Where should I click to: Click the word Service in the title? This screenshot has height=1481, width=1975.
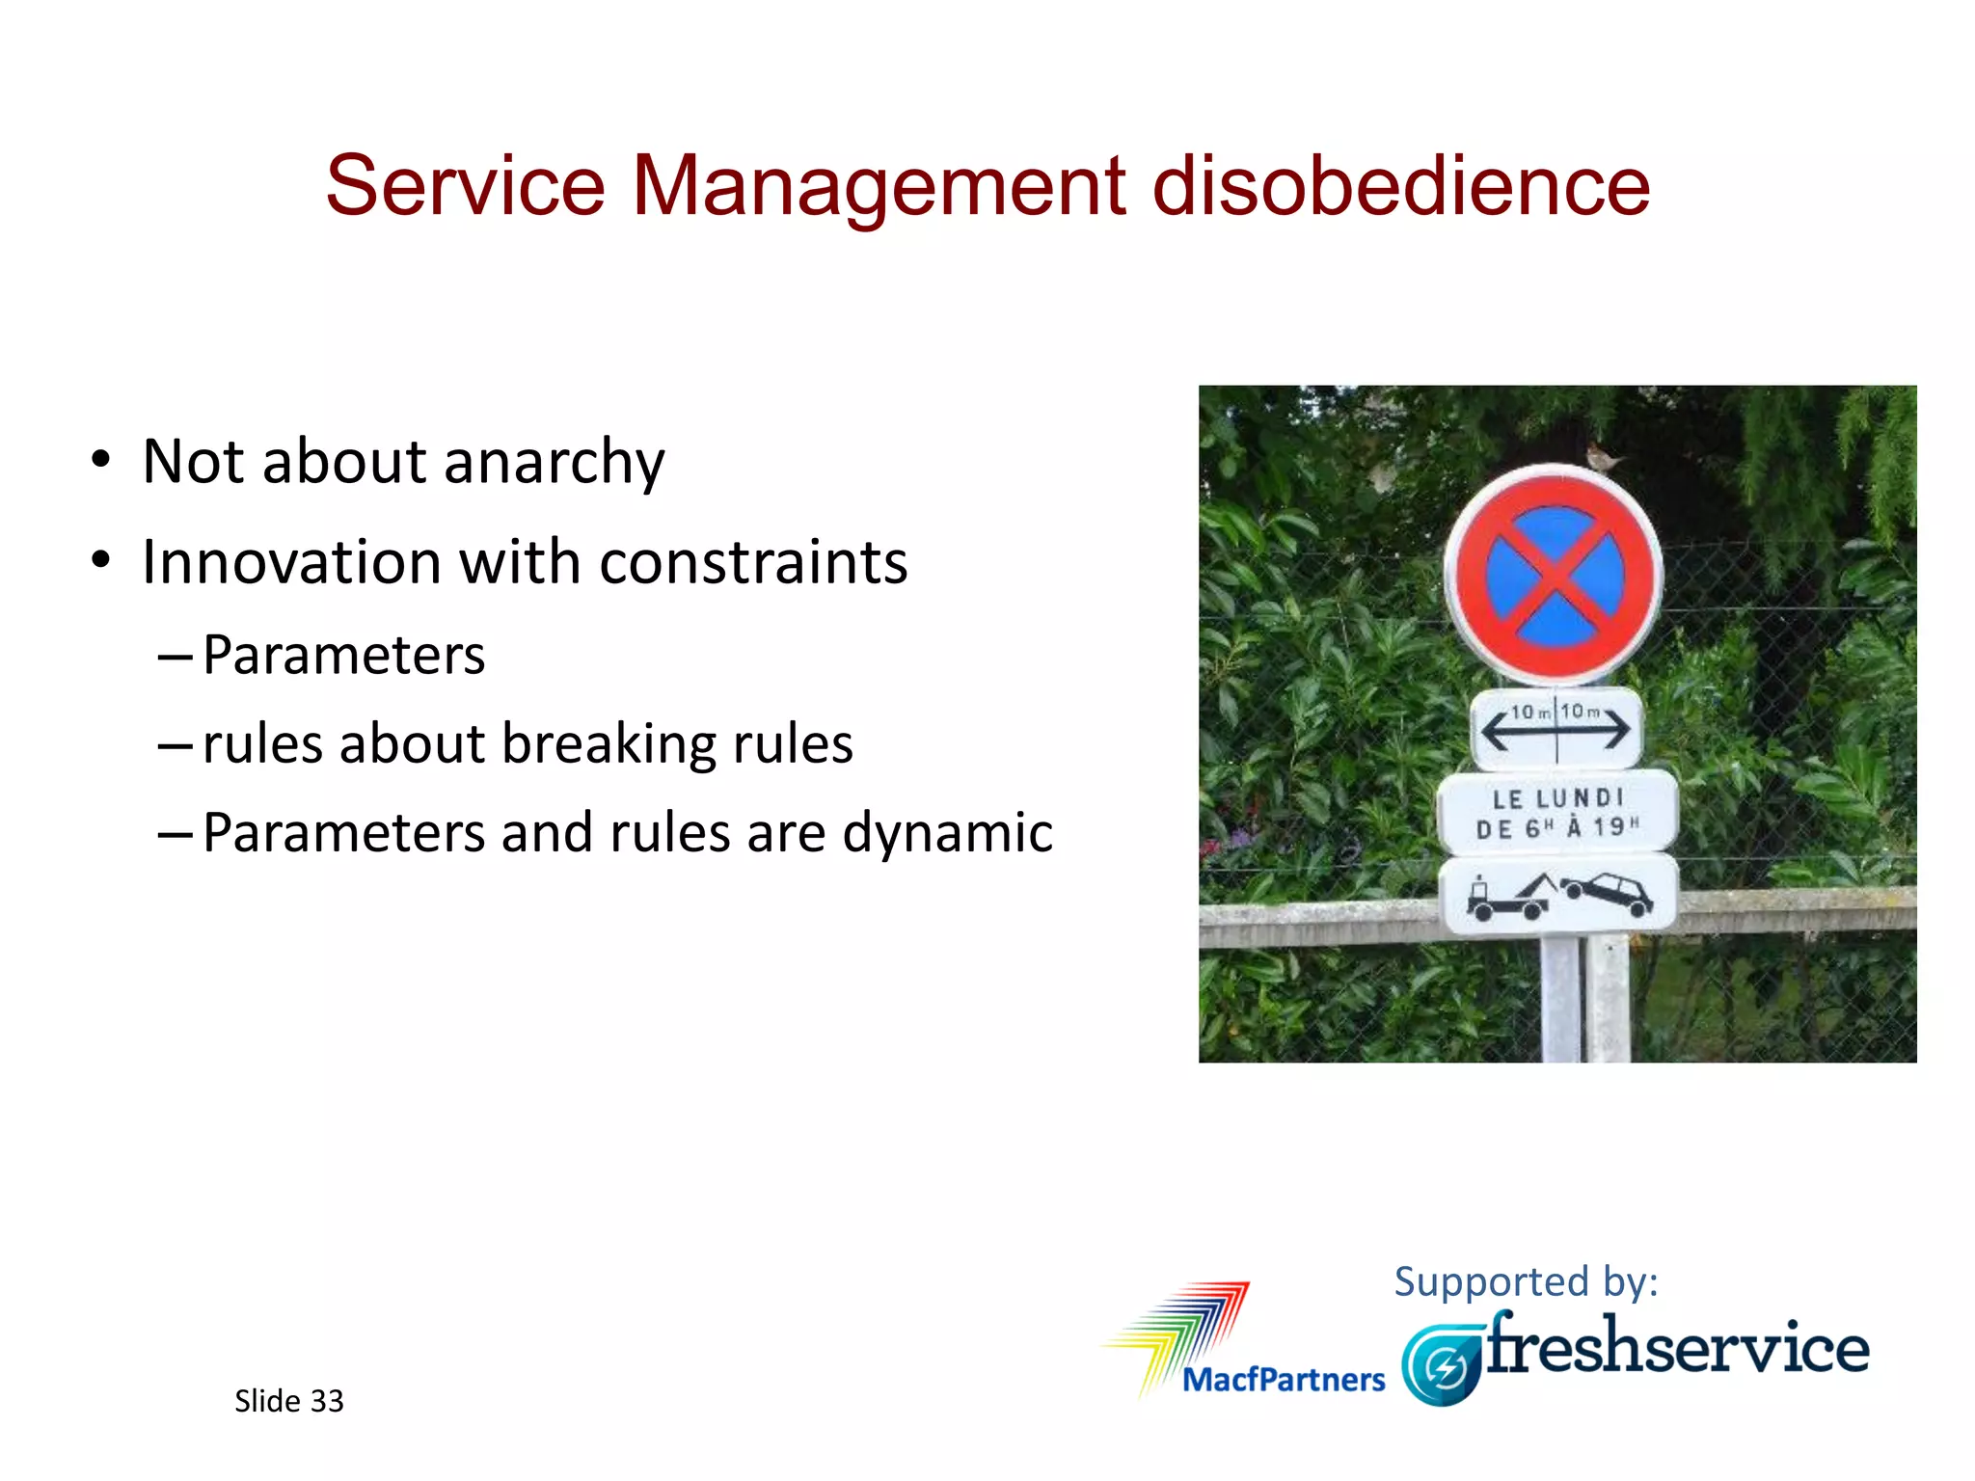(465, 185)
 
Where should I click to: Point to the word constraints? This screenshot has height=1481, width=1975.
(753, 562)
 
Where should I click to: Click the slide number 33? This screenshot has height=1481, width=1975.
(327, 1401)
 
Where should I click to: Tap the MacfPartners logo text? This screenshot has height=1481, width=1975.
(1283, 1380)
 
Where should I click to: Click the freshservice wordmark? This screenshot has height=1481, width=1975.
(1678, 1347)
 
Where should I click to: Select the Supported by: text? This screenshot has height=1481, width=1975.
(1526, 1281)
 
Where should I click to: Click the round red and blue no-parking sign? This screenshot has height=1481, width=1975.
(1555, 577)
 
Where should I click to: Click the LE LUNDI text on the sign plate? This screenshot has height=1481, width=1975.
(1557, 798)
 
